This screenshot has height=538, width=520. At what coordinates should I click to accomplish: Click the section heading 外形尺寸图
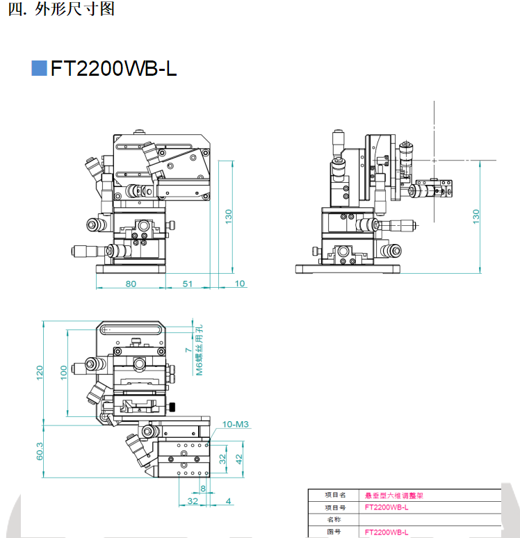pos(74,9)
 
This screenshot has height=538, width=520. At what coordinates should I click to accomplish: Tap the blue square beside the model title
pos(39,68)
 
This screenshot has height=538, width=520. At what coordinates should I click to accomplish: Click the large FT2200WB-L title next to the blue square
pos(113,68)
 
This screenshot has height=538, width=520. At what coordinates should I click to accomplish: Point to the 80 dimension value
pos(131,284)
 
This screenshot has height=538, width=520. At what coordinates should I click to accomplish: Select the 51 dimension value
pos(188,284)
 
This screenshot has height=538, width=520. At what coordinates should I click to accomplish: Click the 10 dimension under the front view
pos(240,284)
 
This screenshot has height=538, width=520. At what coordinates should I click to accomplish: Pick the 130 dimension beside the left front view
pos(229,216)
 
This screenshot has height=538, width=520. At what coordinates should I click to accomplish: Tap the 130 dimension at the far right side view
pos(476,216)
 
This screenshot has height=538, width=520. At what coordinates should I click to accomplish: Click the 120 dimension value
pos(40,373)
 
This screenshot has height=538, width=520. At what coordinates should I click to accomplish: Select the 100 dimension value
pos(64,373)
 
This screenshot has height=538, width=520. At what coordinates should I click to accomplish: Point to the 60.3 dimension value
pos(40,451)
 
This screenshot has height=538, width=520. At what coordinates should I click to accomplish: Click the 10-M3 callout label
pos(236,425)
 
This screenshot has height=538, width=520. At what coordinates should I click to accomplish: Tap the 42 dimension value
pos(239,459)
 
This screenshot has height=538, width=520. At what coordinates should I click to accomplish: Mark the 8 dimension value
pos(203,488)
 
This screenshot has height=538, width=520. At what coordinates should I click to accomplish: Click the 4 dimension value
pos(229,501)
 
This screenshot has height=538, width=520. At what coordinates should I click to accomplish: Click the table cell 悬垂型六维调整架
pos(393,496)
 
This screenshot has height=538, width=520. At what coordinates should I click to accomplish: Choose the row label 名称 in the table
pos(334,519)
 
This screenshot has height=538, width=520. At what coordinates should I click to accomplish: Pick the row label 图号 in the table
pos(334,532)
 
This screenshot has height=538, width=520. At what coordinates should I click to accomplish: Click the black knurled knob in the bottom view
pos(172,407)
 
